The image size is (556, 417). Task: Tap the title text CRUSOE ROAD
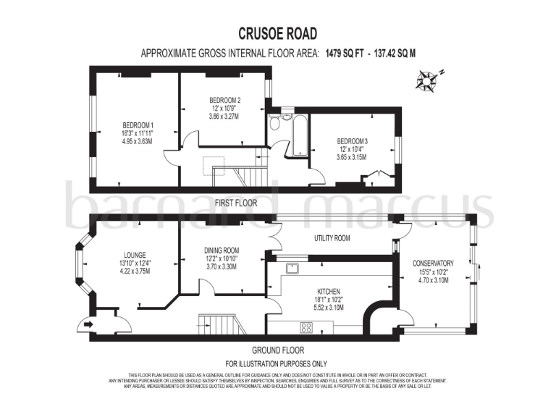click(277, 33)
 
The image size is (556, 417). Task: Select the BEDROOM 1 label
click(138, 124)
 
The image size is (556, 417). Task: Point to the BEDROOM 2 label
click(224, 100)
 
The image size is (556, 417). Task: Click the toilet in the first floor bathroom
click(274, 124)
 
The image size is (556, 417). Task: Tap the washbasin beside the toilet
click(287, 115)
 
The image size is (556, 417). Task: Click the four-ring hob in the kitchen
click(306, 327)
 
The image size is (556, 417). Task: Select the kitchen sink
click(293, 269)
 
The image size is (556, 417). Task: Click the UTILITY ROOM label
click(332, 237)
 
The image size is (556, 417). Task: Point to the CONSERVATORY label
click(433, 264)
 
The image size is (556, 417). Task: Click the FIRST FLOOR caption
click(236, 203)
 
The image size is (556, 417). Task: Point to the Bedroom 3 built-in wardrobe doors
click(374, 175)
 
